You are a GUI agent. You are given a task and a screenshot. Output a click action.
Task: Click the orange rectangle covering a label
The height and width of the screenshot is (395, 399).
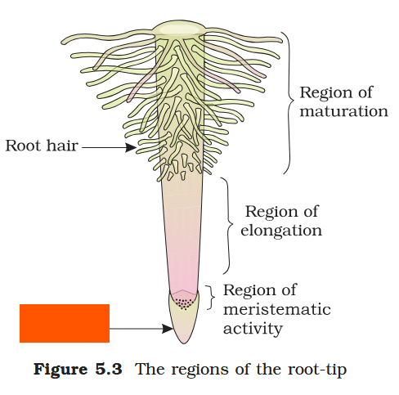pos(64,323)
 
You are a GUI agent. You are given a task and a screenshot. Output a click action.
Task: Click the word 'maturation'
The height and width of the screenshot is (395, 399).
pos(343,111)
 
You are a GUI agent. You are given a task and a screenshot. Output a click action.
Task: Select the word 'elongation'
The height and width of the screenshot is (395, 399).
pos(281,231)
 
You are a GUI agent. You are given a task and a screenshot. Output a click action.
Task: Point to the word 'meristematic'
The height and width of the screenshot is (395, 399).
pos(276,309)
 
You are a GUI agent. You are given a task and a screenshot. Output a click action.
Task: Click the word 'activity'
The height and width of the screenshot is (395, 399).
pos(253,329)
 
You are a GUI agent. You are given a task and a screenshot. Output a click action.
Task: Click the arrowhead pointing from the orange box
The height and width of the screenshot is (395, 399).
pos(168,330)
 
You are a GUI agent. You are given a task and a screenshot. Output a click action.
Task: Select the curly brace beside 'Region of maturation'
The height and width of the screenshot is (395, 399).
pos(287,102)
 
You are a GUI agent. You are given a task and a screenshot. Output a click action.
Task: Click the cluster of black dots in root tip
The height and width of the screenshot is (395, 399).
pos(186,303)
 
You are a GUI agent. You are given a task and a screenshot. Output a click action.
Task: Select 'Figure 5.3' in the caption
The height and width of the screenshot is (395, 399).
pos(78,369)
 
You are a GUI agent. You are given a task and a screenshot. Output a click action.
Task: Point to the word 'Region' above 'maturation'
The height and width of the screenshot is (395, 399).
pos(325,92)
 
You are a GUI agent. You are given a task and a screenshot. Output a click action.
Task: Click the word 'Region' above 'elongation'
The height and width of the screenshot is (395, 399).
pos(271,211)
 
